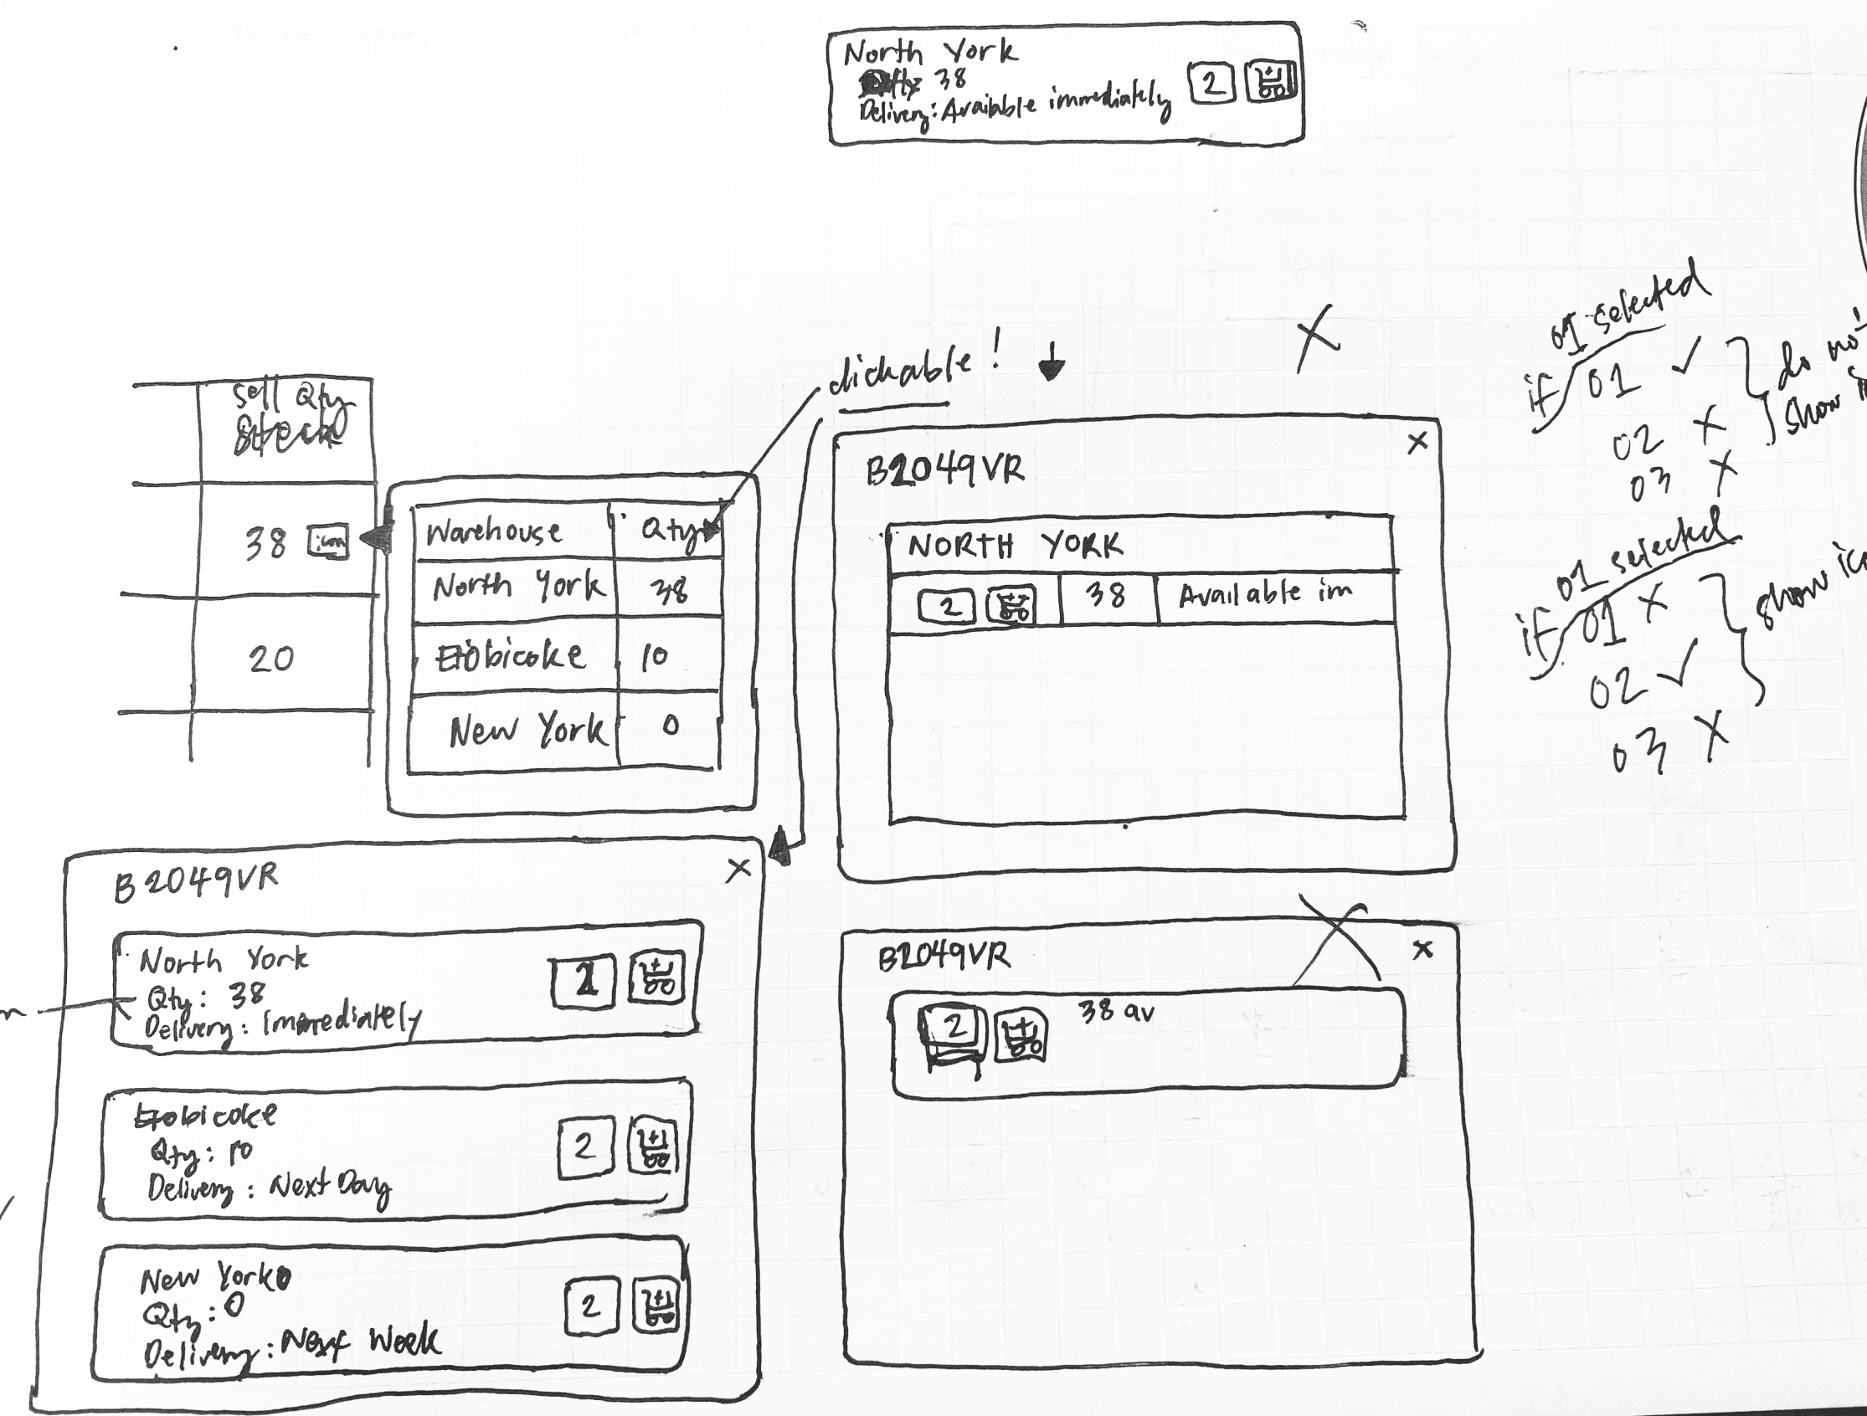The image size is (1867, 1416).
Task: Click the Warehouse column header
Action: pos(494,531)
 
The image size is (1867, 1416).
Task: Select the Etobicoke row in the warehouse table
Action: pos(510,655)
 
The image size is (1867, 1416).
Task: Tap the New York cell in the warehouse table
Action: pos(527,730)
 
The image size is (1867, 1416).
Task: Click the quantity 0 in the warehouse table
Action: pos(670,726)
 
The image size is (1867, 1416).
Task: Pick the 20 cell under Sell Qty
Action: pos(271,659)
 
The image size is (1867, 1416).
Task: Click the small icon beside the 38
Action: pos(327,542)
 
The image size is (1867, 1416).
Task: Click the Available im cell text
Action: pos(1264,594)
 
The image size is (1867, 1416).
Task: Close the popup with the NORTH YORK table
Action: pos(1418,441)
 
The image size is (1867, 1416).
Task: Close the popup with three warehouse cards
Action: pos(738,869)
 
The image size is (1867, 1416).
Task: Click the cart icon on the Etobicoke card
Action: pos(654,1146)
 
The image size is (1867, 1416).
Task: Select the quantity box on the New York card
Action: pos(591,1306)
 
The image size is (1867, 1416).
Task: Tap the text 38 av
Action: pos(1117,1011)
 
